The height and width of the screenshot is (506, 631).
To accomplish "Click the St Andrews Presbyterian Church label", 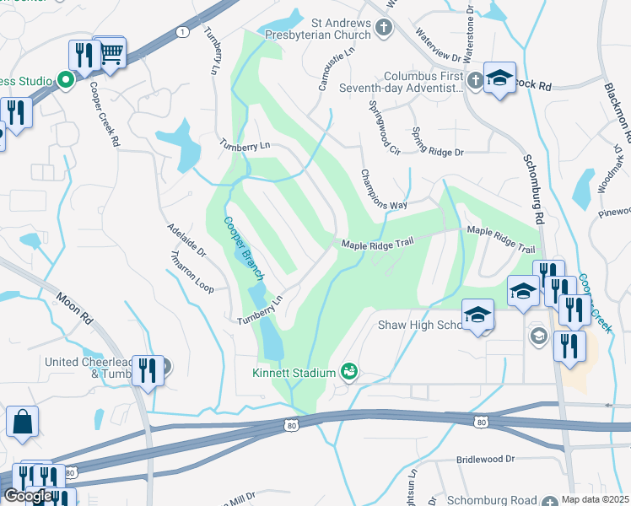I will coord(328,29).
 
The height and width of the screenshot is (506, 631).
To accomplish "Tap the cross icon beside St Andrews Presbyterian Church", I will coord(384,29).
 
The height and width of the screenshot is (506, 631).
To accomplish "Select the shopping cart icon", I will coord(111,53).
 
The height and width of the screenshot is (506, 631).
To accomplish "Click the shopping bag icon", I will coord(22,423).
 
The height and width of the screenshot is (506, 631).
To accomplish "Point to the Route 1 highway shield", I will coord(181,31).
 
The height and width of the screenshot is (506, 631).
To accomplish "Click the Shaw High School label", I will coord(419,326).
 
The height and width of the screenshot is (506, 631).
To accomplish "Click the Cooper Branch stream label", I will coord(245,249).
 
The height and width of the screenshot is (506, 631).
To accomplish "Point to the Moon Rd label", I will coord(75,310).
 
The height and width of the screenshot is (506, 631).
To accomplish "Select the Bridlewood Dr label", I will coord(485,460).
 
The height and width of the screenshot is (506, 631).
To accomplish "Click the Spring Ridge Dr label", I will coord(438,143).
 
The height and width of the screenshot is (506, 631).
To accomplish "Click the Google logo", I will coord(28,496).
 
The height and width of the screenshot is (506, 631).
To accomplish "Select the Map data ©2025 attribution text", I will coord(595,499).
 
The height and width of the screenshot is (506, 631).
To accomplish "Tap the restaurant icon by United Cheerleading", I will coord(148,369).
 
